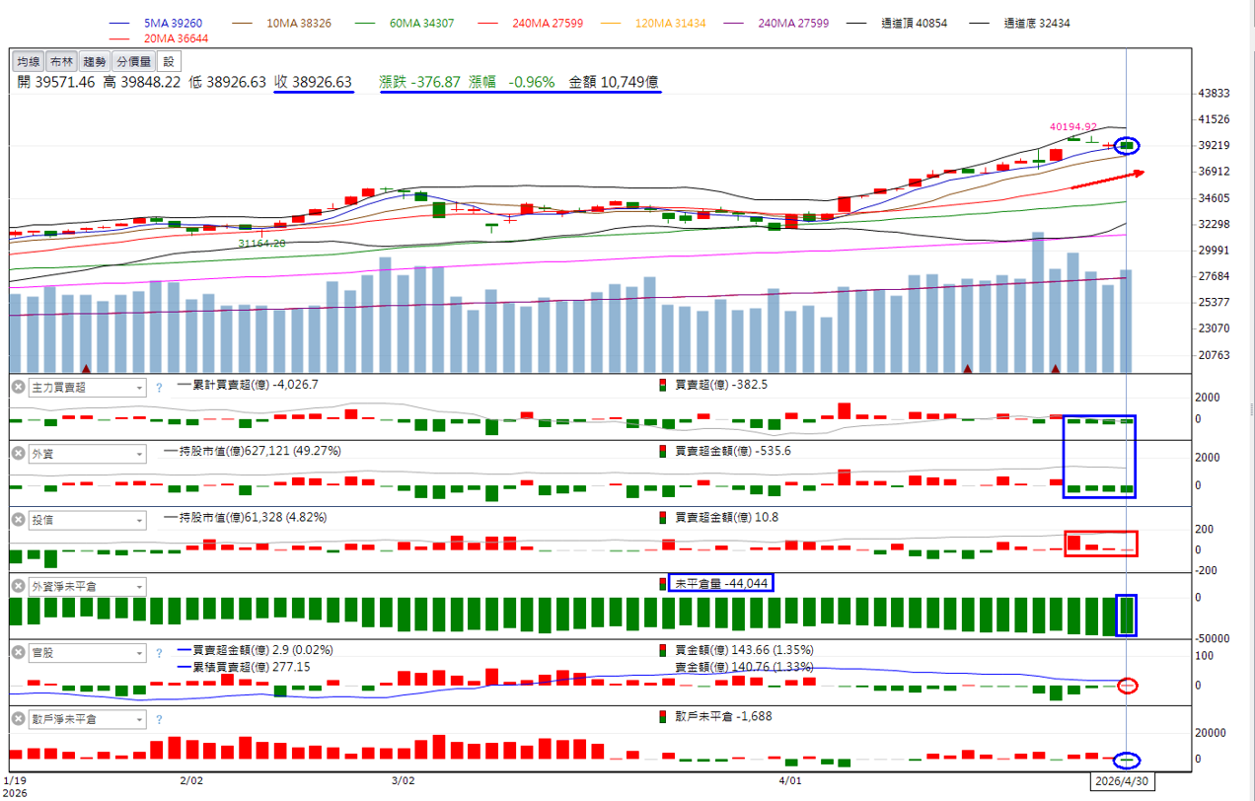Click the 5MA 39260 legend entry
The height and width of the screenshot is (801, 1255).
click(173, 23)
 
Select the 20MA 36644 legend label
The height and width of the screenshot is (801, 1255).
click(176, 38)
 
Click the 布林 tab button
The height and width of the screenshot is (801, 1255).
click(61, 61)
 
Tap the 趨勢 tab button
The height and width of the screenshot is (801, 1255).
click(94, 61)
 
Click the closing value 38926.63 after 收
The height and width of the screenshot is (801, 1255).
click(323, 82)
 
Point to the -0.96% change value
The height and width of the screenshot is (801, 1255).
click(531, 82)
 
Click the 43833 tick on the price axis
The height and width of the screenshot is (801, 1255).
click(1214, 93)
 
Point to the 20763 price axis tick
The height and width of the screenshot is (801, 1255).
click(1214, 354)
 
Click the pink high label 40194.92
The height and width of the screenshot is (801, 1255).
click(1072, 126)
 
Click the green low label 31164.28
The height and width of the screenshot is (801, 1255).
click(261, 243)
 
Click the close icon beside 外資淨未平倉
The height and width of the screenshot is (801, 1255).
click(19, 586)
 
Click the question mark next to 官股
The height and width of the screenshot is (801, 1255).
click(159, 653)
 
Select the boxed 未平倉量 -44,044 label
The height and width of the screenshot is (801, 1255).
click(720, 583)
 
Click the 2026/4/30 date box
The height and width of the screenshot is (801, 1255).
click(1122, 781)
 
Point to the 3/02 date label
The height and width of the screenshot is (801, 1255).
click(403, 781)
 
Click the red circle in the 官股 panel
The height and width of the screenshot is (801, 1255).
click(1128, 679)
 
